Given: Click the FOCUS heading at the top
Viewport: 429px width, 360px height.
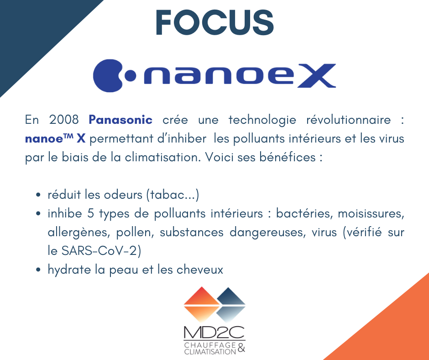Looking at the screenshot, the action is (215, 22).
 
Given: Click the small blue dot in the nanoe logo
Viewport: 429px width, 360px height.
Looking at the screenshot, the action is (130, 76).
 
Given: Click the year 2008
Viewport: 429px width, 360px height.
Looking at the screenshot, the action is (64, 120).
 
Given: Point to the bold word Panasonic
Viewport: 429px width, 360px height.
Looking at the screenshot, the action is (120, 120).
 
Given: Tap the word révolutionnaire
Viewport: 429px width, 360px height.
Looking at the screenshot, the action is (348, 120).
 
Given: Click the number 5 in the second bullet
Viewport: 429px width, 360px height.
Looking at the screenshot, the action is (90, 214).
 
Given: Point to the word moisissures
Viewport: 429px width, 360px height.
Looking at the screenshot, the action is (371, 214).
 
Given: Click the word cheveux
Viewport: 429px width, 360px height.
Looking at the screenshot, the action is (200, 270).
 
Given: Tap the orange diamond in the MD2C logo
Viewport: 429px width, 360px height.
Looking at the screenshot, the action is (202, 304).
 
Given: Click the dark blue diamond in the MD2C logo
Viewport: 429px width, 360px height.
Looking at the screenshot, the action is (230, 305).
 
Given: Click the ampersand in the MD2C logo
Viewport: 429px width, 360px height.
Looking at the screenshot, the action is (241, 348).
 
